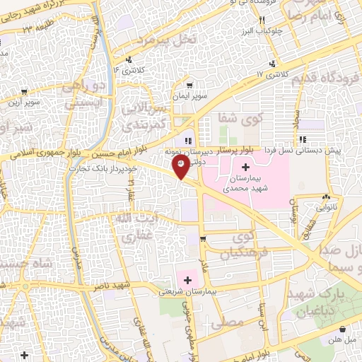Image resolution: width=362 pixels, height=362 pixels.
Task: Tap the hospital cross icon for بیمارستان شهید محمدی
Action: [x=245, y=168]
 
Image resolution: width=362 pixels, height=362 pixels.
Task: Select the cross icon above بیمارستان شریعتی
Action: [x=187, y=281]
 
